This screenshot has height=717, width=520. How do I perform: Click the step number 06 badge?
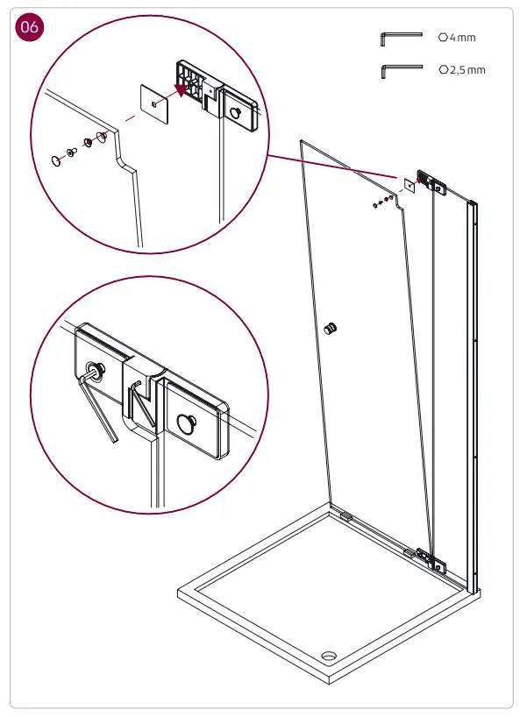[x=29, y=28]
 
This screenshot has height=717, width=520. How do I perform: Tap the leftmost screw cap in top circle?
[x=57, y=160]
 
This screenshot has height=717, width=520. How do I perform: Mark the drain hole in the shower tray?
[x=331, y=654]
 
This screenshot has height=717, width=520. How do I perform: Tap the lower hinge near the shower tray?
[x=430, y=557]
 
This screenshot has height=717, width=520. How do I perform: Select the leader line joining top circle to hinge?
[x=333, y=167]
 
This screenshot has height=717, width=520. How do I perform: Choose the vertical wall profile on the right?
[x=474, y=394]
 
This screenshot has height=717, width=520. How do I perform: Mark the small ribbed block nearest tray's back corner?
[x=345, y=517]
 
